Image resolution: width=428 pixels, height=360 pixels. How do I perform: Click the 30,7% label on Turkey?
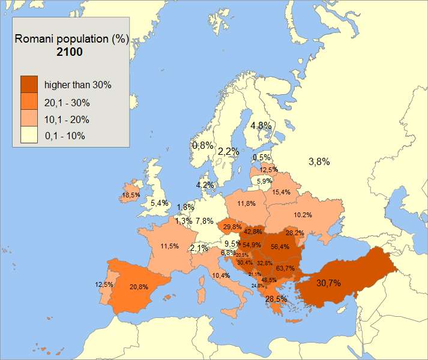(329, 283)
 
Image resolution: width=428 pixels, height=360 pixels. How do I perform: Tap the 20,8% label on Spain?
(139, 287)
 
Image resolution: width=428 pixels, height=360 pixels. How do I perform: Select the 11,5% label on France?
(169, 246)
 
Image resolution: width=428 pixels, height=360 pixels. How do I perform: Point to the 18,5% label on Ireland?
(131, 195)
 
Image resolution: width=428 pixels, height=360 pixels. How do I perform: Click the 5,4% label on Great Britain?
(159, 203)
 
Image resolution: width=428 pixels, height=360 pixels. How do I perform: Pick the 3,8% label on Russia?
(319, 161)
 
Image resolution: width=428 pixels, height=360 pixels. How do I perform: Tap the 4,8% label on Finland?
(261, 125)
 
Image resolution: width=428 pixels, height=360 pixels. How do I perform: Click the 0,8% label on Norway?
(202, 145)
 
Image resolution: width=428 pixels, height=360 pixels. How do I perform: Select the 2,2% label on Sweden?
(228, 151)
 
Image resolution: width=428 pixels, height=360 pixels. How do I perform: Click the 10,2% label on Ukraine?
(303, 215)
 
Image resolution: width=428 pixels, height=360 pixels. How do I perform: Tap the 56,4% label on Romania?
(280, 246)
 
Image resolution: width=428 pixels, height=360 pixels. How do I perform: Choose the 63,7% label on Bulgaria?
(285, 268)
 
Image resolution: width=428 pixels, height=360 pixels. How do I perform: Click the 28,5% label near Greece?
(276, 298)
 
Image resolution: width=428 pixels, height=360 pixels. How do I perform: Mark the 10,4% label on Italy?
(221, 275)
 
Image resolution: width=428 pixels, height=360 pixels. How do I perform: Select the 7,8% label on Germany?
(204, 221)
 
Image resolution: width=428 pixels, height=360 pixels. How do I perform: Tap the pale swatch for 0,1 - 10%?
(29, 136)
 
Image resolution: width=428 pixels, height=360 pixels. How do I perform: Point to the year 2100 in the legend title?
(71, 53)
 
